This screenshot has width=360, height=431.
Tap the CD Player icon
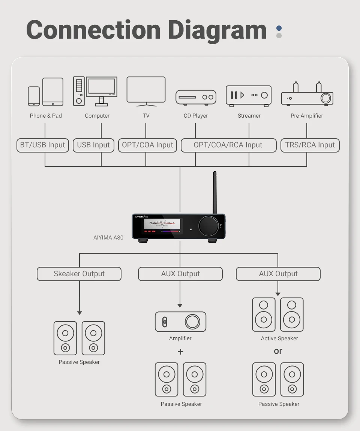pyautogui.click(x=196, y=97)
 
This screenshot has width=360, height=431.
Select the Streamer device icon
pyautogui.click(x=248, y=95)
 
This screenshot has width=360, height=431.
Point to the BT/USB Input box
pyautogui.click(x=43, y=145)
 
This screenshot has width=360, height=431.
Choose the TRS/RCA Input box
pyautogui.click(x=310, y=145)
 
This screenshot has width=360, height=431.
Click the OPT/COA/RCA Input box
pyautogui.click(x=228, y=145)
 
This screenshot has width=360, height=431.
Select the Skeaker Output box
pyautogui.click(x=79, y=274)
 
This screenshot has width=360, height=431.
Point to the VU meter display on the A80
pyautogui.click(x=162, y=224)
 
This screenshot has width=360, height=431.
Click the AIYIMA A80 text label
pyautogui.click(x=108, y=237)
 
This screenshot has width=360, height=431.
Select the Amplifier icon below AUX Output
pyautogui.click(x=180, y=322)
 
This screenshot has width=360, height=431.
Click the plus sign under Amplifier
pyautogui.click(x=180, y=352)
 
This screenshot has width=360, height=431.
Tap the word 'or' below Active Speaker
pyautogui.click(x=278, y=351)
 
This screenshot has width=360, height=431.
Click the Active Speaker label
pyautogui.click(x=279, y=338)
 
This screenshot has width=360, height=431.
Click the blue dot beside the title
pyautogui.click(x=279, y=28)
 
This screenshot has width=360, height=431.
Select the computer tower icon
pyautogui.click(x=79, y=91)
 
